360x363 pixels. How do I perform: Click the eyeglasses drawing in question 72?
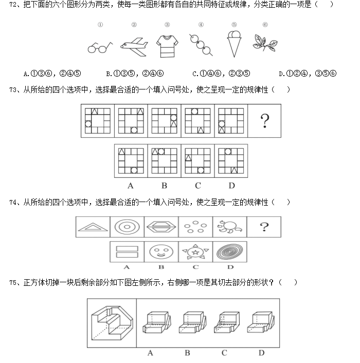pyautogui.click(x=100, y=47)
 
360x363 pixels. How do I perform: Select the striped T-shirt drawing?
pyautogui.click(x=167, y=45)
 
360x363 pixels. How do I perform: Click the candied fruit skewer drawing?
pyautogui.click(x=201, y=45)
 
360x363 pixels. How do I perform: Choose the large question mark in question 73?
pyautogui.click(x=265, y=121)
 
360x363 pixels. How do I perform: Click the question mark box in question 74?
pyautogui.click(x=264, y=227)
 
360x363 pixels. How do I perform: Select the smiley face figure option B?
pyautogui.click(x=161, y=252)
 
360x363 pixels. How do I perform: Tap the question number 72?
pyautogui.click(x=14, y=5)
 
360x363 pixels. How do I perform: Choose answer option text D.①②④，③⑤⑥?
pyautogui.click(x=307, y=73)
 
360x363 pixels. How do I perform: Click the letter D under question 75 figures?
pyautogui.click(x=262, y=353)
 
